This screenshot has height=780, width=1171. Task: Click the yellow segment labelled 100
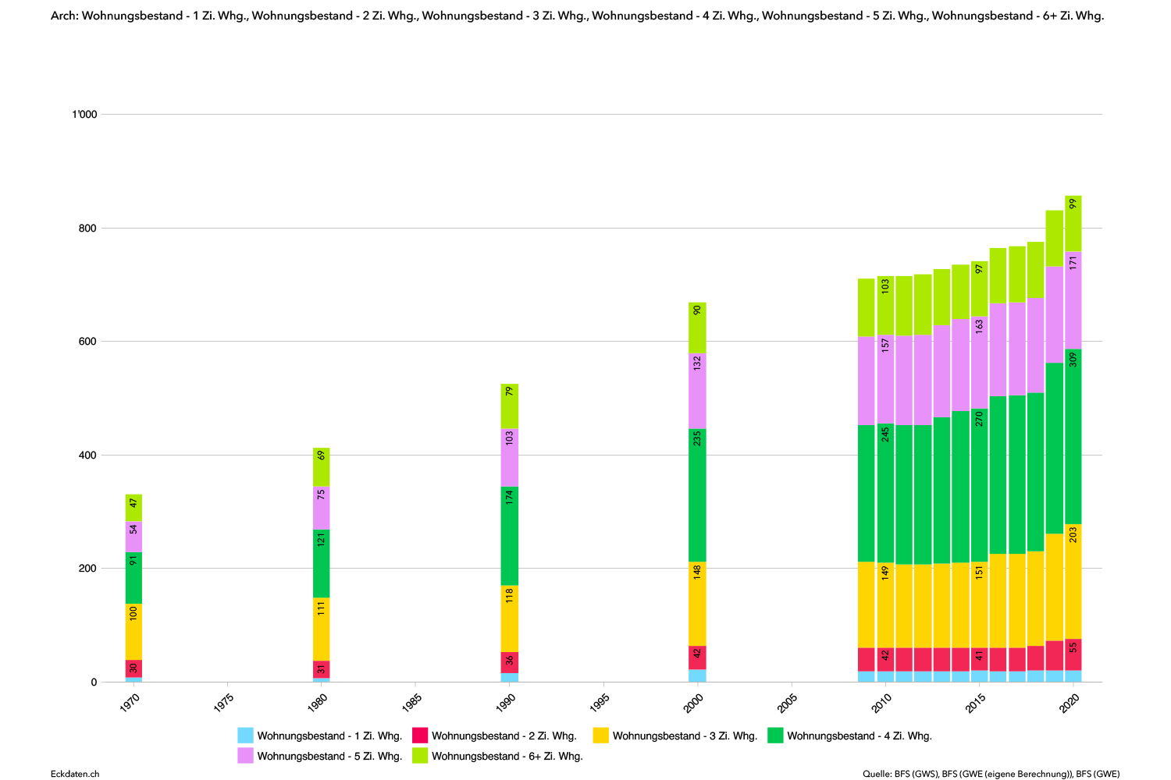(x=133, y=632)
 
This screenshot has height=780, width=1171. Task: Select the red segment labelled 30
(x=133, y=668)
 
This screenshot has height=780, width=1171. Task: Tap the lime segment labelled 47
(x=133, y=508)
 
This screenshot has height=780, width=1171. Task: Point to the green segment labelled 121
(x=322, y=564)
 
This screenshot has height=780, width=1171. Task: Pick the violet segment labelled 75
(x=322, y=509)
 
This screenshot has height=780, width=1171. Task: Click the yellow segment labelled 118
(x=510, y=619)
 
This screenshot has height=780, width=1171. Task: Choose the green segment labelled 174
(x=510, y=536)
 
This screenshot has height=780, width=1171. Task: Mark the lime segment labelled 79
(x=510, y=406)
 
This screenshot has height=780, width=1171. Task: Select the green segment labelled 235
(x=697, y=495)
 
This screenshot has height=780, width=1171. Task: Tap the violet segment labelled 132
(x=697, y=392)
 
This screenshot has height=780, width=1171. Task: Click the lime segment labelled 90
(x=697, y=328)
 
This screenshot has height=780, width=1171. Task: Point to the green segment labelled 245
(x=885, y=493)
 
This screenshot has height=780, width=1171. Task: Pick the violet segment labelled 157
(x=885, y=380)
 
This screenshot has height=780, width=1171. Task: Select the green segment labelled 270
(x=980, y=485)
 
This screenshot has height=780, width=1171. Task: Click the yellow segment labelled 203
(x=1073, y=581)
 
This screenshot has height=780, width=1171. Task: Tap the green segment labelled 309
(x=1073, y=436)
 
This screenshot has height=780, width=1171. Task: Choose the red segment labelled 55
(x=1073, y=655)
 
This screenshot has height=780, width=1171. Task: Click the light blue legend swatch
(x=245, y=735)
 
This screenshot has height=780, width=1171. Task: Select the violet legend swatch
(x=245, y=755)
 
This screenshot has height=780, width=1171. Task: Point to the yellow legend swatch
(x=600, y=735)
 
